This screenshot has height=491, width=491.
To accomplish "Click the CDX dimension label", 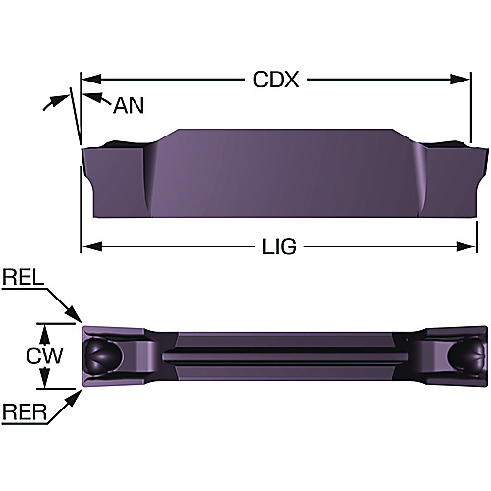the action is (276, 80).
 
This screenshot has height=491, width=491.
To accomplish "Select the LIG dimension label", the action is (279, 246).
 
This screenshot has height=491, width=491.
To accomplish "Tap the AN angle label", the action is (129, 106).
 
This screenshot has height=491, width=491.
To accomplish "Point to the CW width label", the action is (44, 355).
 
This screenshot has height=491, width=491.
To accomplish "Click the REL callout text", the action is (24, 277).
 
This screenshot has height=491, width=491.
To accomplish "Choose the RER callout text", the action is (25, 411).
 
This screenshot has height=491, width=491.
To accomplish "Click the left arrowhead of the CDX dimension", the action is (91, 80).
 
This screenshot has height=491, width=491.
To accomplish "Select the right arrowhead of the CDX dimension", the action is (461, 80).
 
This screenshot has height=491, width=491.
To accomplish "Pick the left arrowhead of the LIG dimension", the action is (91, 246).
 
